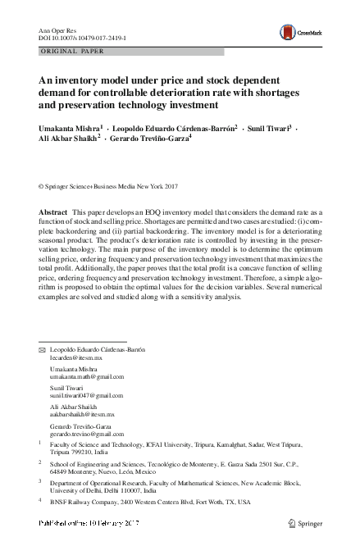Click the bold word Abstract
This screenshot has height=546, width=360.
54,212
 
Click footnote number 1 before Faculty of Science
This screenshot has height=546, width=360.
41,443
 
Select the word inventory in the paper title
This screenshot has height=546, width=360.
86,81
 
